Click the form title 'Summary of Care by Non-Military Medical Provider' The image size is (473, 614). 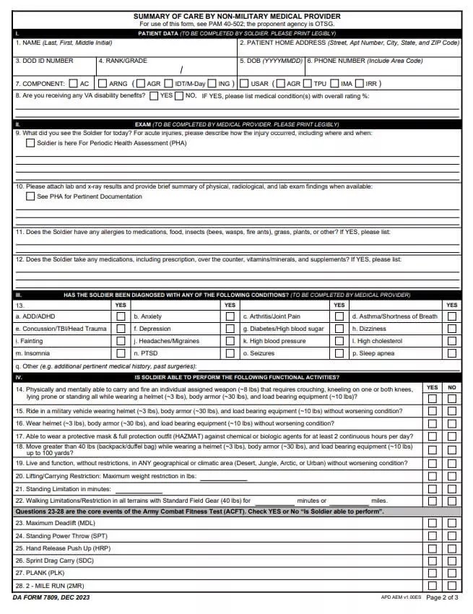(x=237, y=16)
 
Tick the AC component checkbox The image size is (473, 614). (x=74, y=83)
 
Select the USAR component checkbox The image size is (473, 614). (x=244, y=83)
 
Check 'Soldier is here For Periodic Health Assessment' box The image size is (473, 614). (x=30, y=143)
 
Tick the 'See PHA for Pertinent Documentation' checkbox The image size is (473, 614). (x=30, y=196)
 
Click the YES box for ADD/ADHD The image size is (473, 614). (x=121, y=316)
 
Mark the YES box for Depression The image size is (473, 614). (x=230, y=329)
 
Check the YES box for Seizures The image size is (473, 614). (x=339, y=353)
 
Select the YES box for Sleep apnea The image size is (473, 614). (x=451, y=353)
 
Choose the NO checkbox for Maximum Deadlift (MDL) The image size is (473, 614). (x=451, y=522)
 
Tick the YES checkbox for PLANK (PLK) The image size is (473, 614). (x=432, y=572)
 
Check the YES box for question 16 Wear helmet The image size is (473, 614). (x=432, y=423)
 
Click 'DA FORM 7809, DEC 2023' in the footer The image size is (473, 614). (x=51, y=597)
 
